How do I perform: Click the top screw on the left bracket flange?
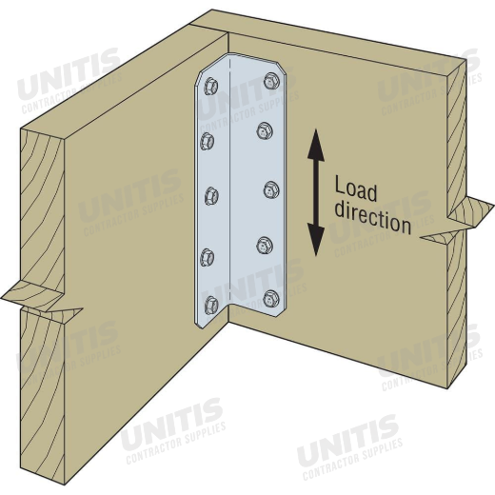click(210, 86)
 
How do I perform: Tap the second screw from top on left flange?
click(208, 141)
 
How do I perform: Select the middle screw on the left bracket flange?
click(211, 196)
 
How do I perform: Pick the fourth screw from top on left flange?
click(208, 257)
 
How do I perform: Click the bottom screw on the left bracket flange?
click(211, 305)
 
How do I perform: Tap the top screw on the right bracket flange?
click(271, 81)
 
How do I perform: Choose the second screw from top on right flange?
click(265, 130)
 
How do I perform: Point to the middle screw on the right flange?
click(271, 189)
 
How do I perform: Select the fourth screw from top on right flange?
click(265, 246)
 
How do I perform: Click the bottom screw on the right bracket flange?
click(271, 299)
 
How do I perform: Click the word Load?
click(356, 189)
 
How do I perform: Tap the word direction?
click(373, 218)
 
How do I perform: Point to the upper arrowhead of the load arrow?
click(316, 145)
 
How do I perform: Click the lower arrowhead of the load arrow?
click(316, 240)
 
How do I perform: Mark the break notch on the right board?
click(457, 219)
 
